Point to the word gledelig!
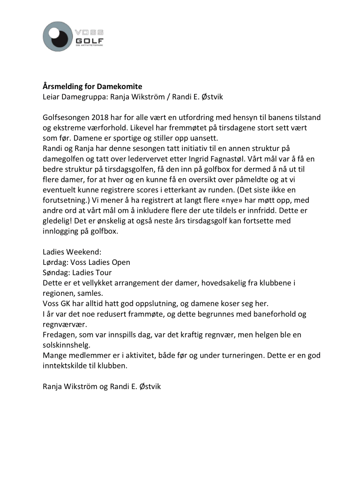point(57,221)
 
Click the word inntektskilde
point(65,365)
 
